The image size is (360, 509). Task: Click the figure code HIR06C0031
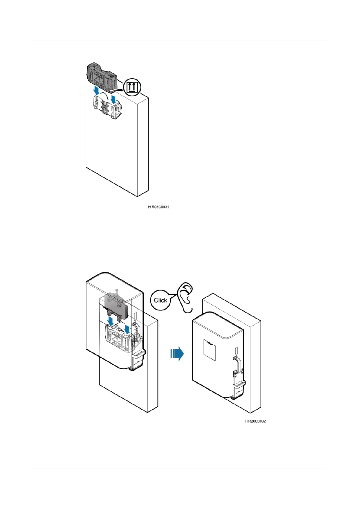158,207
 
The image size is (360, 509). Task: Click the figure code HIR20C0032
255,421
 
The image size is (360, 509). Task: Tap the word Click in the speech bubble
160,300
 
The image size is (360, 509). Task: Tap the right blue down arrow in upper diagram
114,99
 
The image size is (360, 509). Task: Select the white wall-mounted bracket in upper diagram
108,109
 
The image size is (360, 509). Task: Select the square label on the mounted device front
210,350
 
